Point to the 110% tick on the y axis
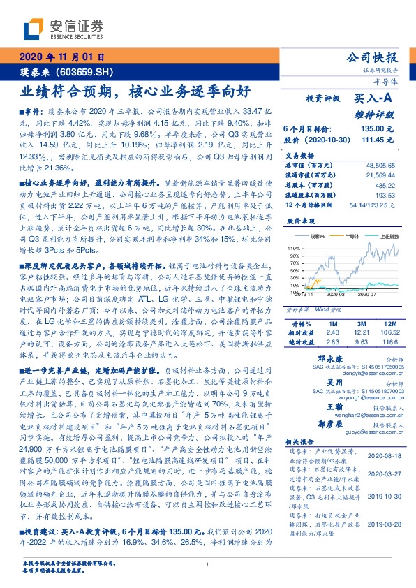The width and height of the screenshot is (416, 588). pos(292,248)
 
